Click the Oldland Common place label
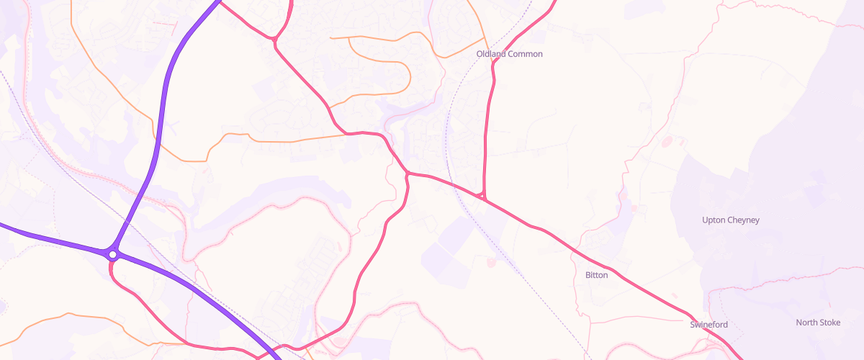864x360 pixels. (x=509, y=54)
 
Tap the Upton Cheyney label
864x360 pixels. (x=730, y=220)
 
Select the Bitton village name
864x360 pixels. (x=596, y=275)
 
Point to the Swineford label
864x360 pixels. (x=708, y=325)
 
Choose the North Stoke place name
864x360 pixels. (x=818, y=323)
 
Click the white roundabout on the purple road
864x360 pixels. (x=113, y=254)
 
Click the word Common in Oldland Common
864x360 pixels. (x=526, y=54)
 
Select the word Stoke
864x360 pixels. (x=829, y=323)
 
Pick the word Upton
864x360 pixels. (x=714, y=220)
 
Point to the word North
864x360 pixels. (x=806, y=323)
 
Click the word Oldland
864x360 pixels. (x=492, y=54)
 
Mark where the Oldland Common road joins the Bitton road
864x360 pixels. (x=483, y=196)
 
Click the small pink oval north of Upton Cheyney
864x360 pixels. (x=665, y=141)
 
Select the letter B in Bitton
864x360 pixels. (x=588, y=275)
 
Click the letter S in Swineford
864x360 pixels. (x=693, y=325)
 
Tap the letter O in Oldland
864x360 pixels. (x=480, y=54)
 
